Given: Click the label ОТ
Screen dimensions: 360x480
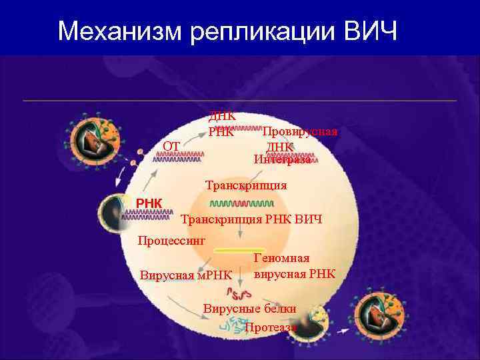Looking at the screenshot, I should tap(171, 145).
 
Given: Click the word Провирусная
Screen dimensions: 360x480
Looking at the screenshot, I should tap(299, 131).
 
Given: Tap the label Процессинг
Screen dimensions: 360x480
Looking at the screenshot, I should tap(171, 239).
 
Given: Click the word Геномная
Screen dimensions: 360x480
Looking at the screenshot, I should tap(281, 258).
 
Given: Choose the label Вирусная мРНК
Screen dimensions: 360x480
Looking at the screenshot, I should tap(186, 275).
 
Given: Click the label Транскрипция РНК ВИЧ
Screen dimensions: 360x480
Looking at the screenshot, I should tap(251, 219).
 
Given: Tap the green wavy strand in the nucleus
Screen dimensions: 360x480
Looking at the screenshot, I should tap(241, 203).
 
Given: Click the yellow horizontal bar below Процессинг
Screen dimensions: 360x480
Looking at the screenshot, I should tap(239, 249).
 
